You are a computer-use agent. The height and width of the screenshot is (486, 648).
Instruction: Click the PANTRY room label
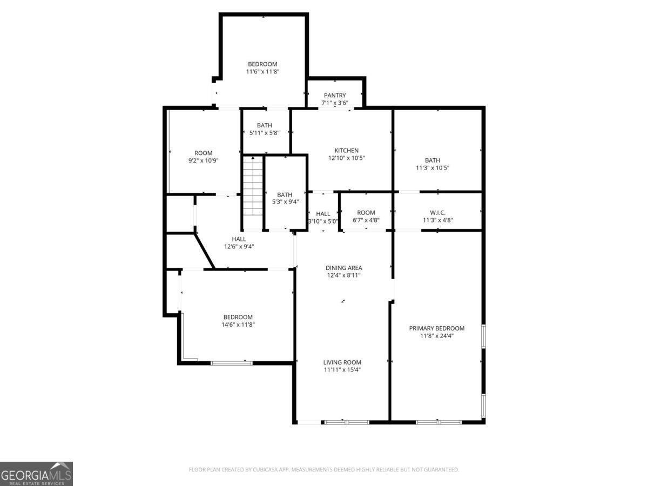coord(335,96)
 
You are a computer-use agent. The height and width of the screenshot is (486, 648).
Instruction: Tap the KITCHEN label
coord(347,151)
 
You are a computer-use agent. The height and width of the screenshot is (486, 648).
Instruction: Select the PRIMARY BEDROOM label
coord(436,328)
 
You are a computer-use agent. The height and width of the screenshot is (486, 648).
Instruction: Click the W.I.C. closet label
coord(437,213)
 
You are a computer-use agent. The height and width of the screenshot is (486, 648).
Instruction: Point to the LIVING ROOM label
coord(342,362)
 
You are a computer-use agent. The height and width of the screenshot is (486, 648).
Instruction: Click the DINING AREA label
coord(343,268)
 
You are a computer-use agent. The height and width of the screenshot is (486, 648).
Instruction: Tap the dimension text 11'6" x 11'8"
coord(262,71)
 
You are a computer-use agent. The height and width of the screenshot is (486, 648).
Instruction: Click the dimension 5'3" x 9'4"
coord(285,202)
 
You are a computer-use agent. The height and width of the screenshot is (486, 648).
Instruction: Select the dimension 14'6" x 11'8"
coord(238,325)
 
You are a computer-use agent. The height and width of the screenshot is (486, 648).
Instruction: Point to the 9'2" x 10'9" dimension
coord(203,160)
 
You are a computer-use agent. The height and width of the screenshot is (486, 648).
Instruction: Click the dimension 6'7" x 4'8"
coord(366,220)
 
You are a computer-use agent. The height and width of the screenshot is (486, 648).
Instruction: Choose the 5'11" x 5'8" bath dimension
coord(265,133)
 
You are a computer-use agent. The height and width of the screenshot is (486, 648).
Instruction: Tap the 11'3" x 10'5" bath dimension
coord(433,168)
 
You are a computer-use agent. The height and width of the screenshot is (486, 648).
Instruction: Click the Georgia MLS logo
coord(36,474)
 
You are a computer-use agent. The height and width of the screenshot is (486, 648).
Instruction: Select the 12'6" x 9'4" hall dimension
coord(239,247)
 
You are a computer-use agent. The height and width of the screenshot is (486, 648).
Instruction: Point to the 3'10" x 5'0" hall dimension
coord(323,221)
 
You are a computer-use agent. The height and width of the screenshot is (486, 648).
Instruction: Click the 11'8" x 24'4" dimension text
coord(436,336)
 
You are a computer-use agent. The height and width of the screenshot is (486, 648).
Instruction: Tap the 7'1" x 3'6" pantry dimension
coord(335,103)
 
